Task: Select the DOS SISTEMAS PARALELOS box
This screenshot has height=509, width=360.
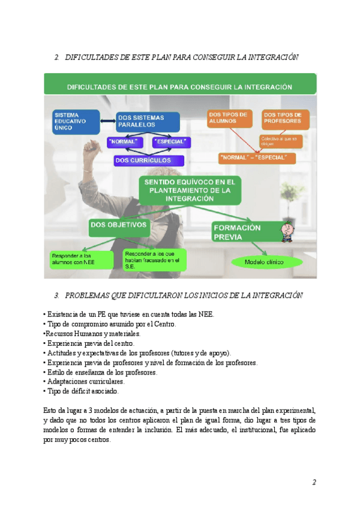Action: point(148,121)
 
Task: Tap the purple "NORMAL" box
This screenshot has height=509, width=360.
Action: point(124,142)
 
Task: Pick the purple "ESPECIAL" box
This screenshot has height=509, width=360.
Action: point(172,142)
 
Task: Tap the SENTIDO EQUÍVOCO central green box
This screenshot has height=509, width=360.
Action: point(190,189)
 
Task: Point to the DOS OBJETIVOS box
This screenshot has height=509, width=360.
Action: point(119,226)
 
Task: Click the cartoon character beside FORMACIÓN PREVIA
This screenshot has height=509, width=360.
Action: point(288,232)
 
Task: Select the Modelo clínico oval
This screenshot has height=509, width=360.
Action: point(264,262)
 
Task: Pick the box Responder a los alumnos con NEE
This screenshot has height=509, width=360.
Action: point(82,259)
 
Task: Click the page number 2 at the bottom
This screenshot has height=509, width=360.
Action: point(313,482)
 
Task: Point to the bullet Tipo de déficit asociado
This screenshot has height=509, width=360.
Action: point(82,391)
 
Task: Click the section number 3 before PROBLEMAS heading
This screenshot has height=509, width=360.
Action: point(56,295)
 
